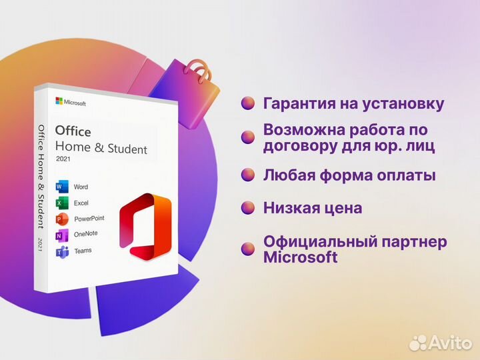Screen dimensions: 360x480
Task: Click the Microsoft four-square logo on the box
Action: (x=59, y=101)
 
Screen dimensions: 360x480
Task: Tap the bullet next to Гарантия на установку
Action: (x=248, y=104)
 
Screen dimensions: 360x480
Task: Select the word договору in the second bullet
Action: (x=298, y=145)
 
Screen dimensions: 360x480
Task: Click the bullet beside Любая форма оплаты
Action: (x=248, y=175)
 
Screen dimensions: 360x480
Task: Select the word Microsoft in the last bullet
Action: (x=301, y=257)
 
